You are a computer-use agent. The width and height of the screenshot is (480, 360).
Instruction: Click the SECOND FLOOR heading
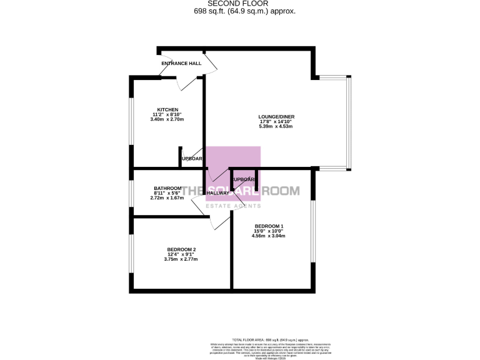tap(240, 4)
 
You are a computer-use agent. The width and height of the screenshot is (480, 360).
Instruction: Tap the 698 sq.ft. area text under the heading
tap(240, 11)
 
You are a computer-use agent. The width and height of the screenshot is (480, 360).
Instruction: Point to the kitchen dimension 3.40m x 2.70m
tap(167, 119)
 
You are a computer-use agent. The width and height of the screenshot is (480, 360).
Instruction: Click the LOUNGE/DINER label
tap(276, 116)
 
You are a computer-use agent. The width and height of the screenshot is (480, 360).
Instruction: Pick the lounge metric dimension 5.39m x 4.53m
tap(276, 126)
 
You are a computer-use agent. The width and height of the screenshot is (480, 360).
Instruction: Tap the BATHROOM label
tap(167, 188)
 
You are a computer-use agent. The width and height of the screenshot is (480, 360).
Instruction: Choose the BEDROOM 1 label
tap(269, 226)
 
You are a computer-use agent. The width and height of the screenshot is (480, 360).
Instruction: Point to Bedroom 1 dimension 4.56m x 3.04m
tap(269, 236)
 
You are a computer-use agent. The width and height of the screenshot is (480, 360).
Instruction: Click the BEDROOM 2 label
tap(181, 250)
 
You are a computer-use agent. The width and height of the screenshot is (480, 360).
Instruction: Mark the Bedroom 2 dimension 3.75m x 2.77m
tap(181, 259)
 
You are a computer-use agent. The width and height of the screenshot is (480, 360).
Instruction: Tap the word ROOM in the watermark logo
tap(281, 191)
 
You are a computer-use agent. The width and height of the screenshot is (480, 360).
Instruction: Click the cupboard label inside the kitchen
tap(191, 159)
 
